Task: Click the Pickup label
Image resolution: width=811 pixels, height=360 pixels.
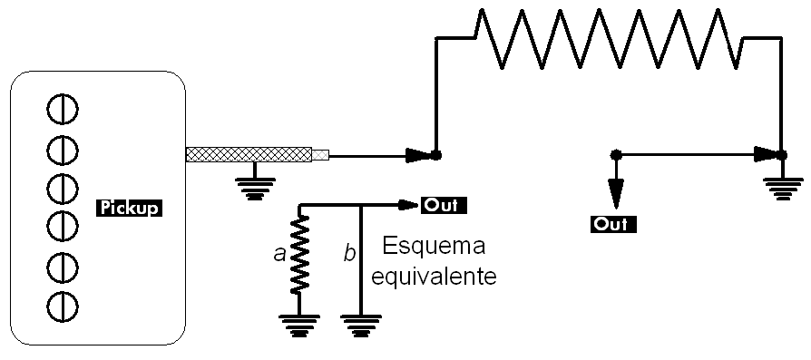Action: tap(128, 208)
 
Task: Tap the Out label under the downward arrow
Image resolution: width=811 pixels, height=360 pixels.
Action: tap(613, 222)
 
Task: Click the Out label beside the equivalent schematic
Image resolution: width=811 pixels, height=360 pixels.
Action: tap(444, 204)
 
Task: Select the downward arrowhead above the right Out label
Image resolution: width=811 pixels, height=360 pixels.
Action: tap(616, 191)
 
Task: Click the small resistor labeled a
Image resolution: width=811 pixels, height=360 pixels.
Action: tap(299, 256)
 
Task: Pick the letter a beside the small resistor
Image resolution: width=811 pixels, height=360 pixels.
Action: tap(279, 256)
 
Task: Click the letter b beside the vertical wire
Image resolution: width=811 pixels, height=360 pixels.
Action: tap(349, 255)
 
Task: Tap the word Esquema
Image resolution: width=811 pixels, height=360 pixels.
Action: tap(435, 246)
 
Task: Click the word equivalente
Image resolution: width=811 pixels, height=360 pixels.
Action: tap(440, 275)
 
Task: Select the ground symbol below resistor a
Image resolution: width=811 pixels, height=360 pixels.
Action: tap(299, 323)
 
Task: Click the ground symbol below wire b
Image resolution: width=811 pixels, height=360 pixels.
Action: tap(361, 323)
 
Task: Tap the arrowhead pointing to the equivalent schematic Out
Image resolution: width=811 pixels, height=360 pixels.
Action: tap(407, 204)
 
